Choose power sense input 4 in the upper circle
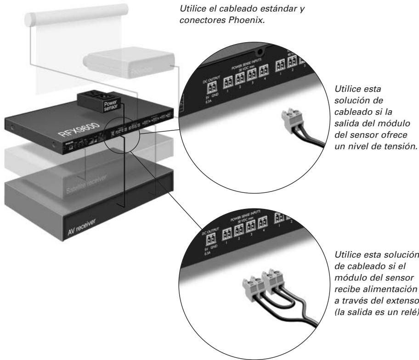click(x=263, y=72)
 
